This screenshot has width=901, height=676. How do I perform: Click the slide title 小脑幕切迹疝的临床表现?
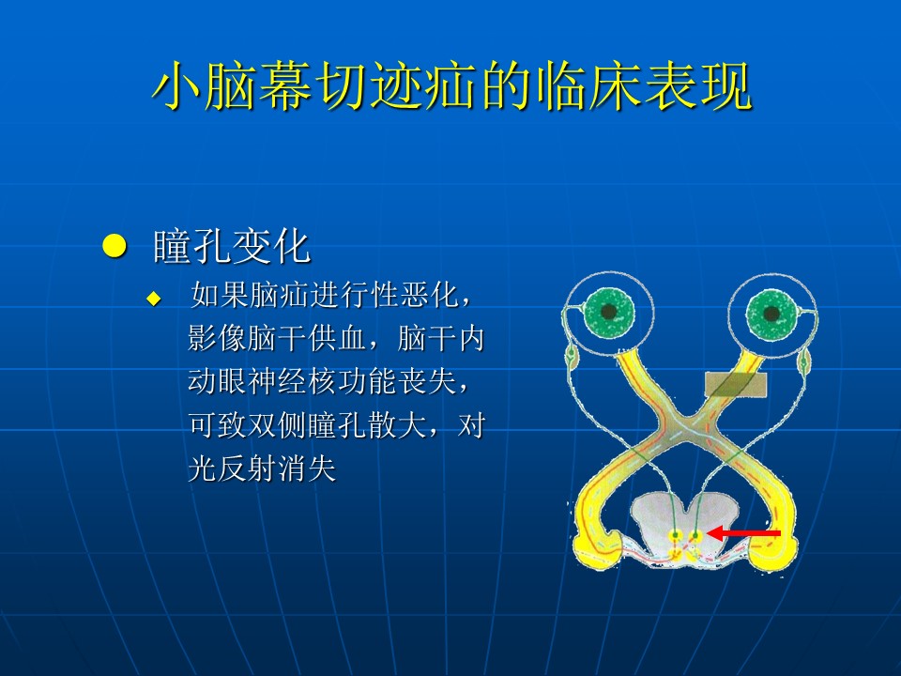coord(452,86)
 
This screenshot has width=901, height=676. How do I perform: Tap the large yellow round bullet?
coord(115,246)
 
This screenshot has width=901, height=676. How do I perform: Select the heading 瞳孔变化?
coord(232,247)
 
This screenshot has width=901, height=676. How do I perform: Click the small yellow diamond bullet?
coord(154,299)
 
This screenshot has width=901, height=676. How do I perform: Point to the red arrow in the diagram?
coord(743,533)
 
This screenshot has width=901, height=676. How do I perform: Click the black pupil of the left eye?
coord(608,312)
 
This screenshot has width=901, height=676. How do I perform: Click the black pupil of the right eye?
coord(771,314)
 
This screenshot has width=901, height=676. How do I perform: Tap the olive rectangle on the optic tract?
coord(736,384)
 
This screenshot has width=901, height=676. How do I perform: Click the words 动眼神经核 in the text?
coord(263,381)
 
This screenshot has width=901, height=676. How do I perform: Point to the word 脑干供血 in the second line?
coord(307,338)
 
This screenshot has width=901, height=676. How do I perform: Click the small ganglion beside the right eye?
coord(804,361)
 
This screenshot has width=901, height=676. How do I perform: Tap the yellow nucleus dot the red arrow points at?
coord(695,536)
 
